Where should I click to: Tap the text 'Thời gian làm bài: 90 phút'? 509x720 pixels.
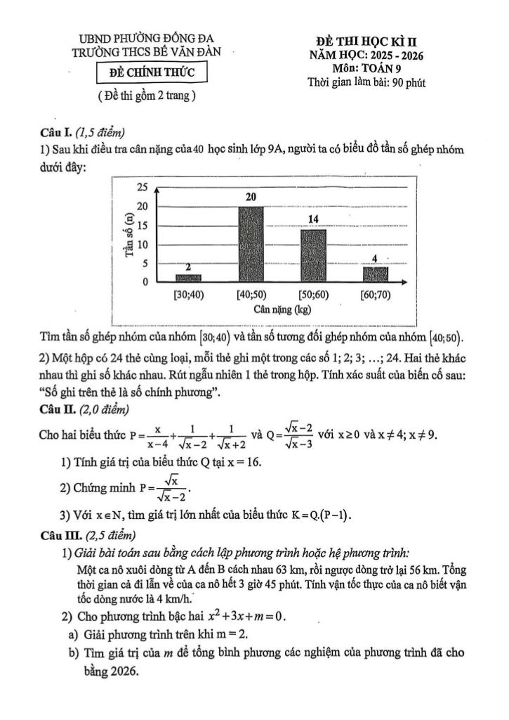click(x=366, y=82)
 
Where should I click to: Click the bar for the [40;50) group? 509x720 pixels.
click(x=251, y=244)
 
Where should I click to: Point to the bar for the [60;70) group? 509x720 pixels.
click(x=376, y=274)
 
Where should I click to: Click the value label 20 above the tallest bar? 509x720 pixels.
click(x=251, y=198)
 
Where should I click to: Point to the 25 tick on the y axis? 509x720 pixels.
click(x=143, y=188)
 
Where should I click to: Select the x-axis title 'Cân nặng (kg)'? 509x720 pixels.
click(x=284, y=309)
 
